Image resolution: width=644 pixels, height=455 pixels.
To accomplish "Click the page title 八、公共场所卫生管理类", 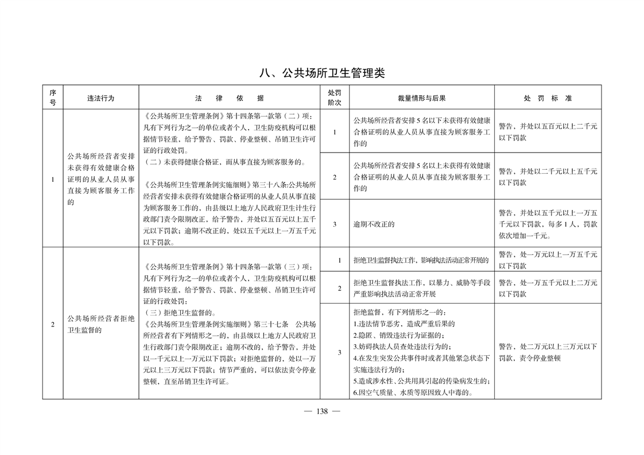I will (321, 73).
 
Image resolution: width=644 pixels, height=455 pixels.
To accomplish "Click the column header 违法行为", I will (100, 98).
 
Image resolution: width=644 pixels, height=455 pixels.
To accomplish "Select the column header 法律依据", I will (229, 98).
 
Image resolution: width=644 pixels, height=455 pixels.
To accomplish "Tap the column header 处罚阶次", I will (335, 98).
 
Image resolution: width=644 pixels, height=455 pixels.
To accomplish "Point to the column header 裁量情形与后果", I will (422, 98).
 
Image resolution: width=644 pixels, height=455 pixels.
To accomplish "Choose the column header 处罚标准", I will (548, 98).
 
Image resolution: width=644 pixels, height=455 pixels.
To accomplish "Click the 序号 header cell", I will (53, 98).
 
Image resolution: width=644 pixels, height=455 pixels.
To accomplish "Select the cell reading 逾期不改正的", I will (374, 224).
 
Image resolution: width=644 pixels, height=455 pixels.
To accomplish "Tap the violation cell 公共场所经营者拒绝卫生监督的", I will (100, 325).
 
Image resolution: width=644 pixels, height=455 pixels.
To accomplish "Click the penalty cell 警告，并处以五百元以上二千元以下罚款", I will (548, 131).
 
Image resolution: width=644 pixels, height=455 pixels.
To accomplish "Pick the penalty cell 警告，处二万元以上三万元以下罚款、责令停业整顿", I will (548, 352).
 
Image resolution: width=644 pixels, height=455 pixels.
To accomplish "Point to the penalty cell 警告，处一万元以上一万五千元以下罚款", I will (548, 260).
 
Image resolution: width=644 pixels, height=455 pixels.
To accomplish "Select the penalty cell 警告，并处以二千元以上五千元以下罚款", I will (548, 177).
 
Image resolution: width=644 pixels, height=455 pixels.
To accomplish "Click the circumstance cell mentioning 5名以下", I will (422, 131).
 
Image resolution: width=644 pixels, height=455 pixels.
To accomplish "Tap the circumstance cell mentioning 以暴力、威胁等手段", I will (422, 288).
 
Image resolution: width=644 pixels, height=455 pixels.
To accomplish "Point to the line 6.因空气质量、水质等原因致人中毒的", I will (413, 393).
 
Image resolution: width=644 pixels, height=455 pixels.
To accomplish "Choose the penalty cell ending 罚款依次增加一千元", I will (548, 224).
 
